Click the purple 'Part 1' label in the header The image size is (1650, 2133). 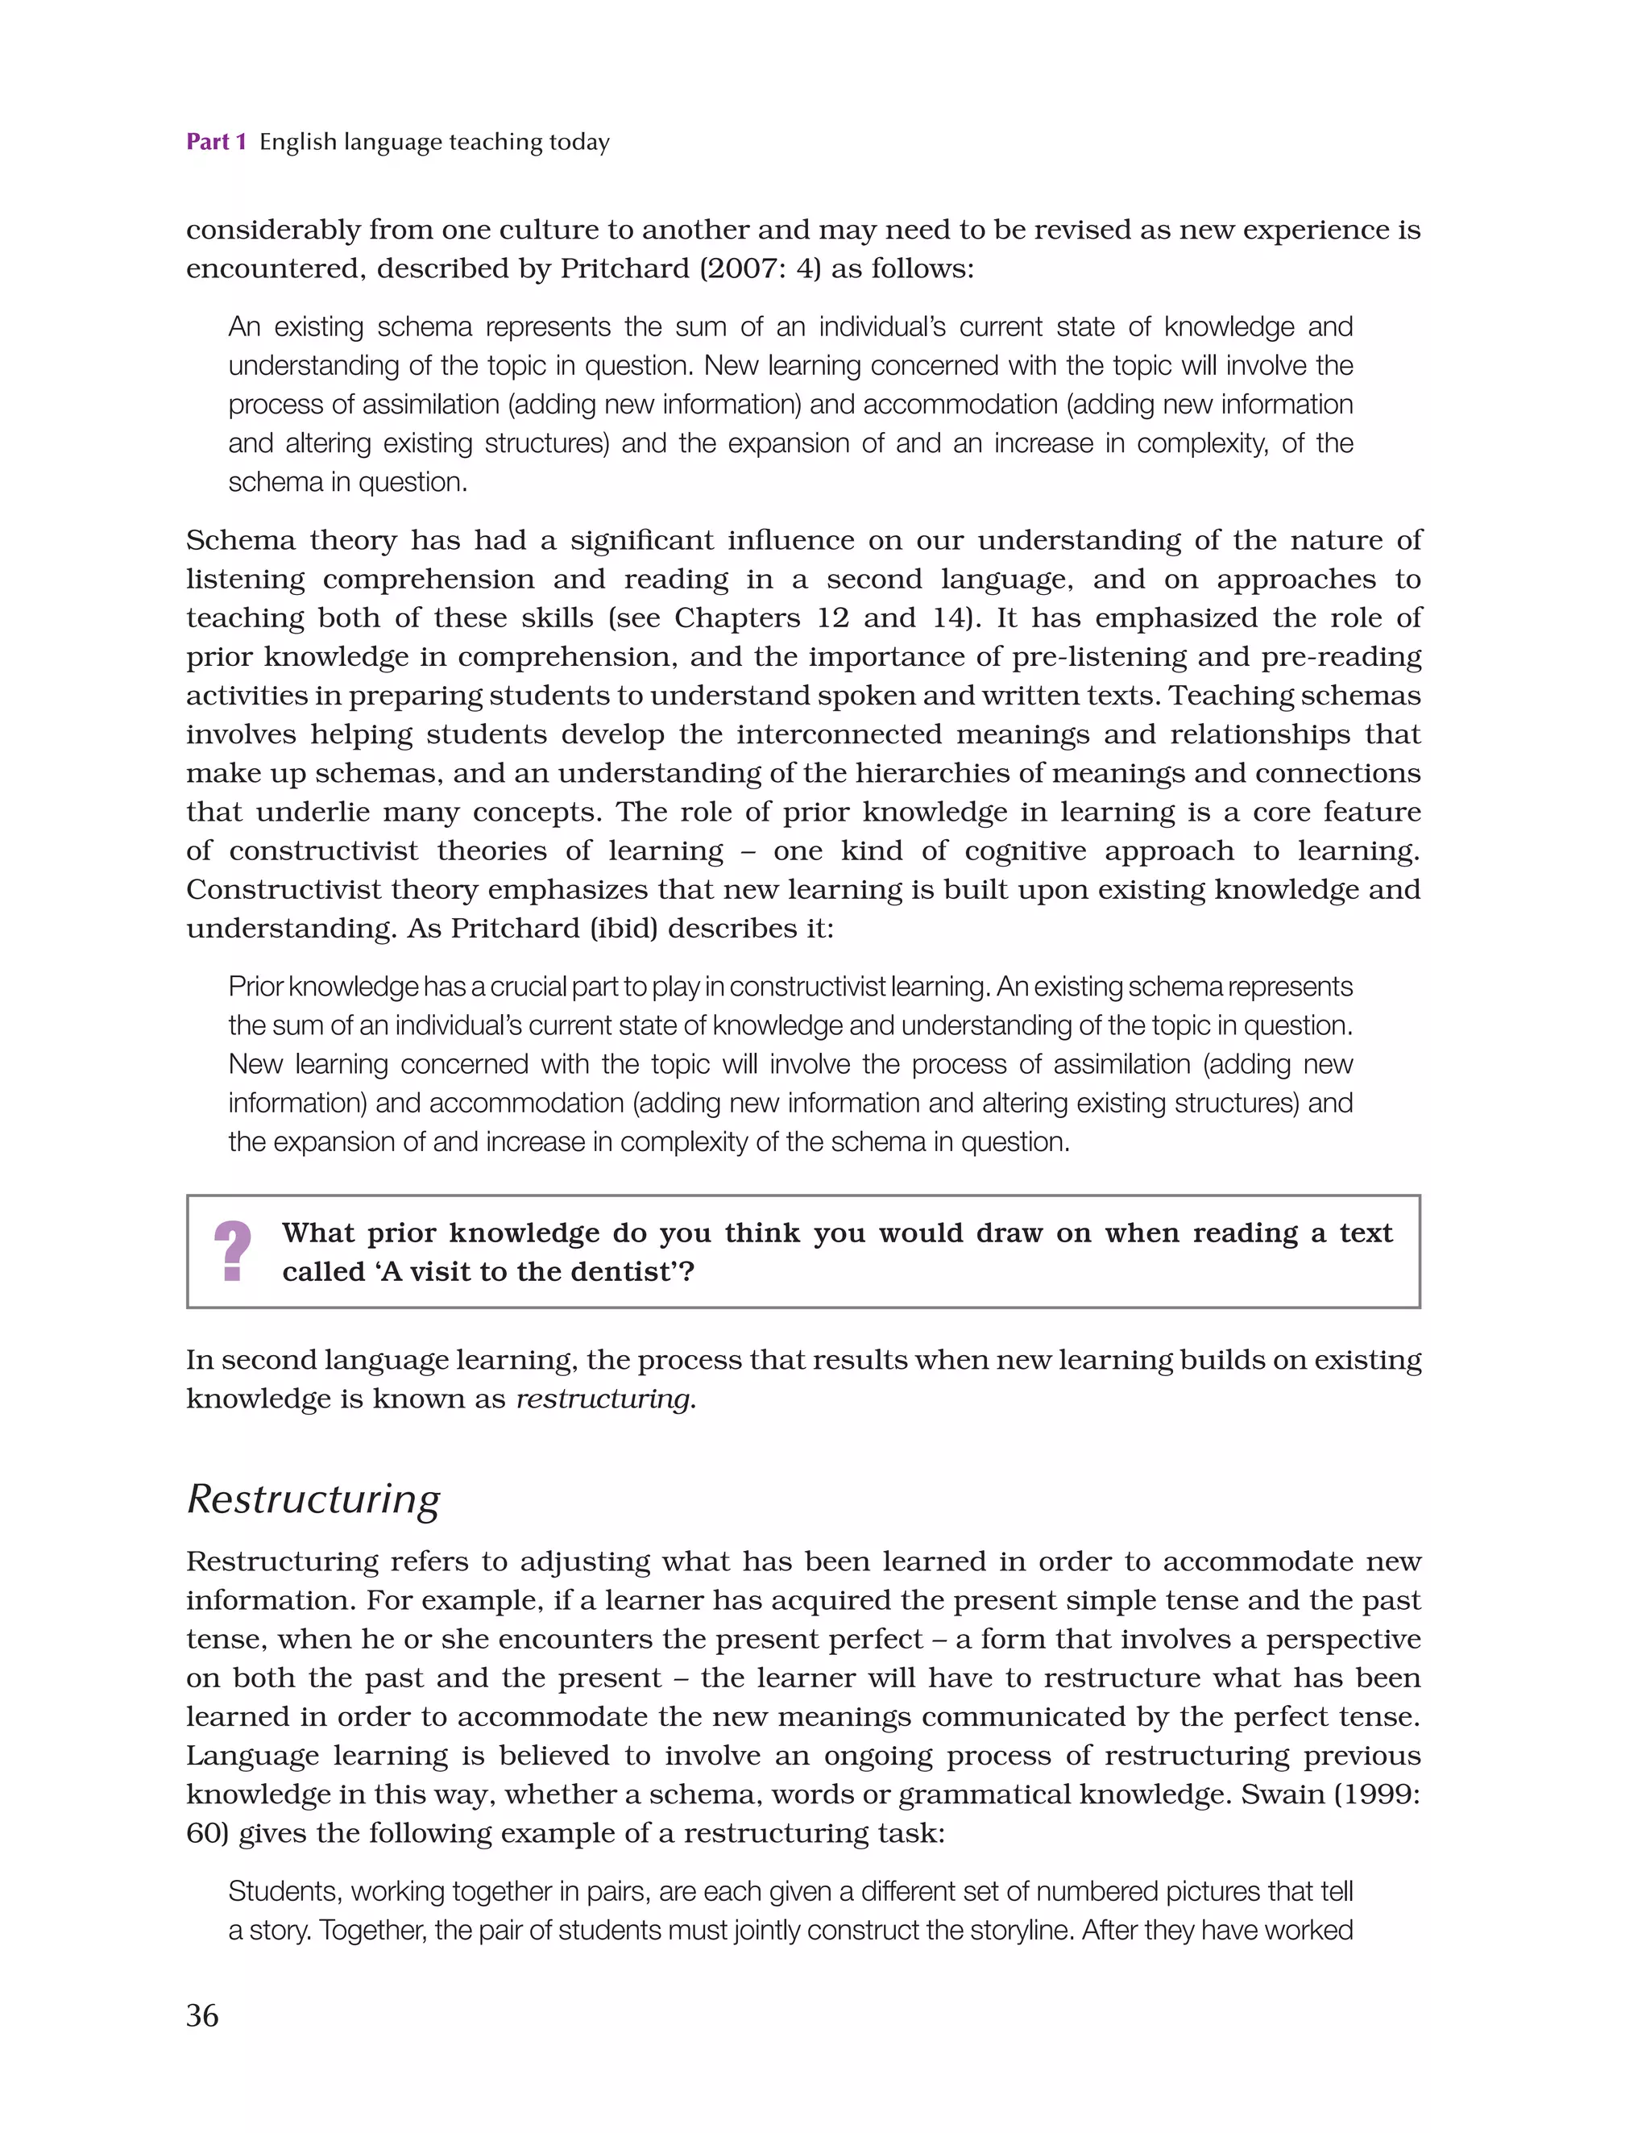[216, 143]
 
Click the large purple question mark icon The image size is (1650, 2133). [232, 1251]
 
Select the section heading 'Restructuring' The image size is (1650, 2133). [313, 1499]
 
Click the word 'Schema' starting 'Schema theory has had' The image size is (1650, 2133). [240, 540]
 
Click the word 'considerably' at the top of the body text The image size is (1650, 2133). [272, 231]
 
